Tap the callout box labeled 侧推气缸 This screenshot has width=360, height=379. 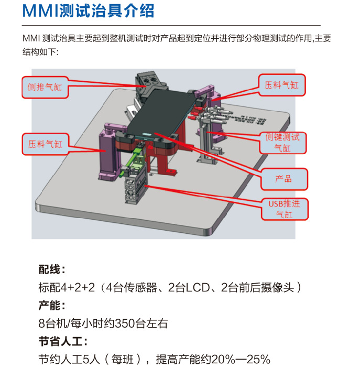[x=45, y=86]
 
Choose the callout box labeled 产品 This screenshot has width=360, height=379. [x=283, y=179]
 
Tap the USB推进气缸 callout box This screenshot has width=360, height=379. [x=283, y=209]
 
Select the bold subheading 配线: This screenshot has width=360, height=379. [x=52, y=270]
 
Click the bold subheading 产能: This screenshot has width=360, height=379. [x=52, y=306]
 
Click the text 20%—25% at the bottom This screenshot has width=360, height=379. [x=244, y=360]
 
